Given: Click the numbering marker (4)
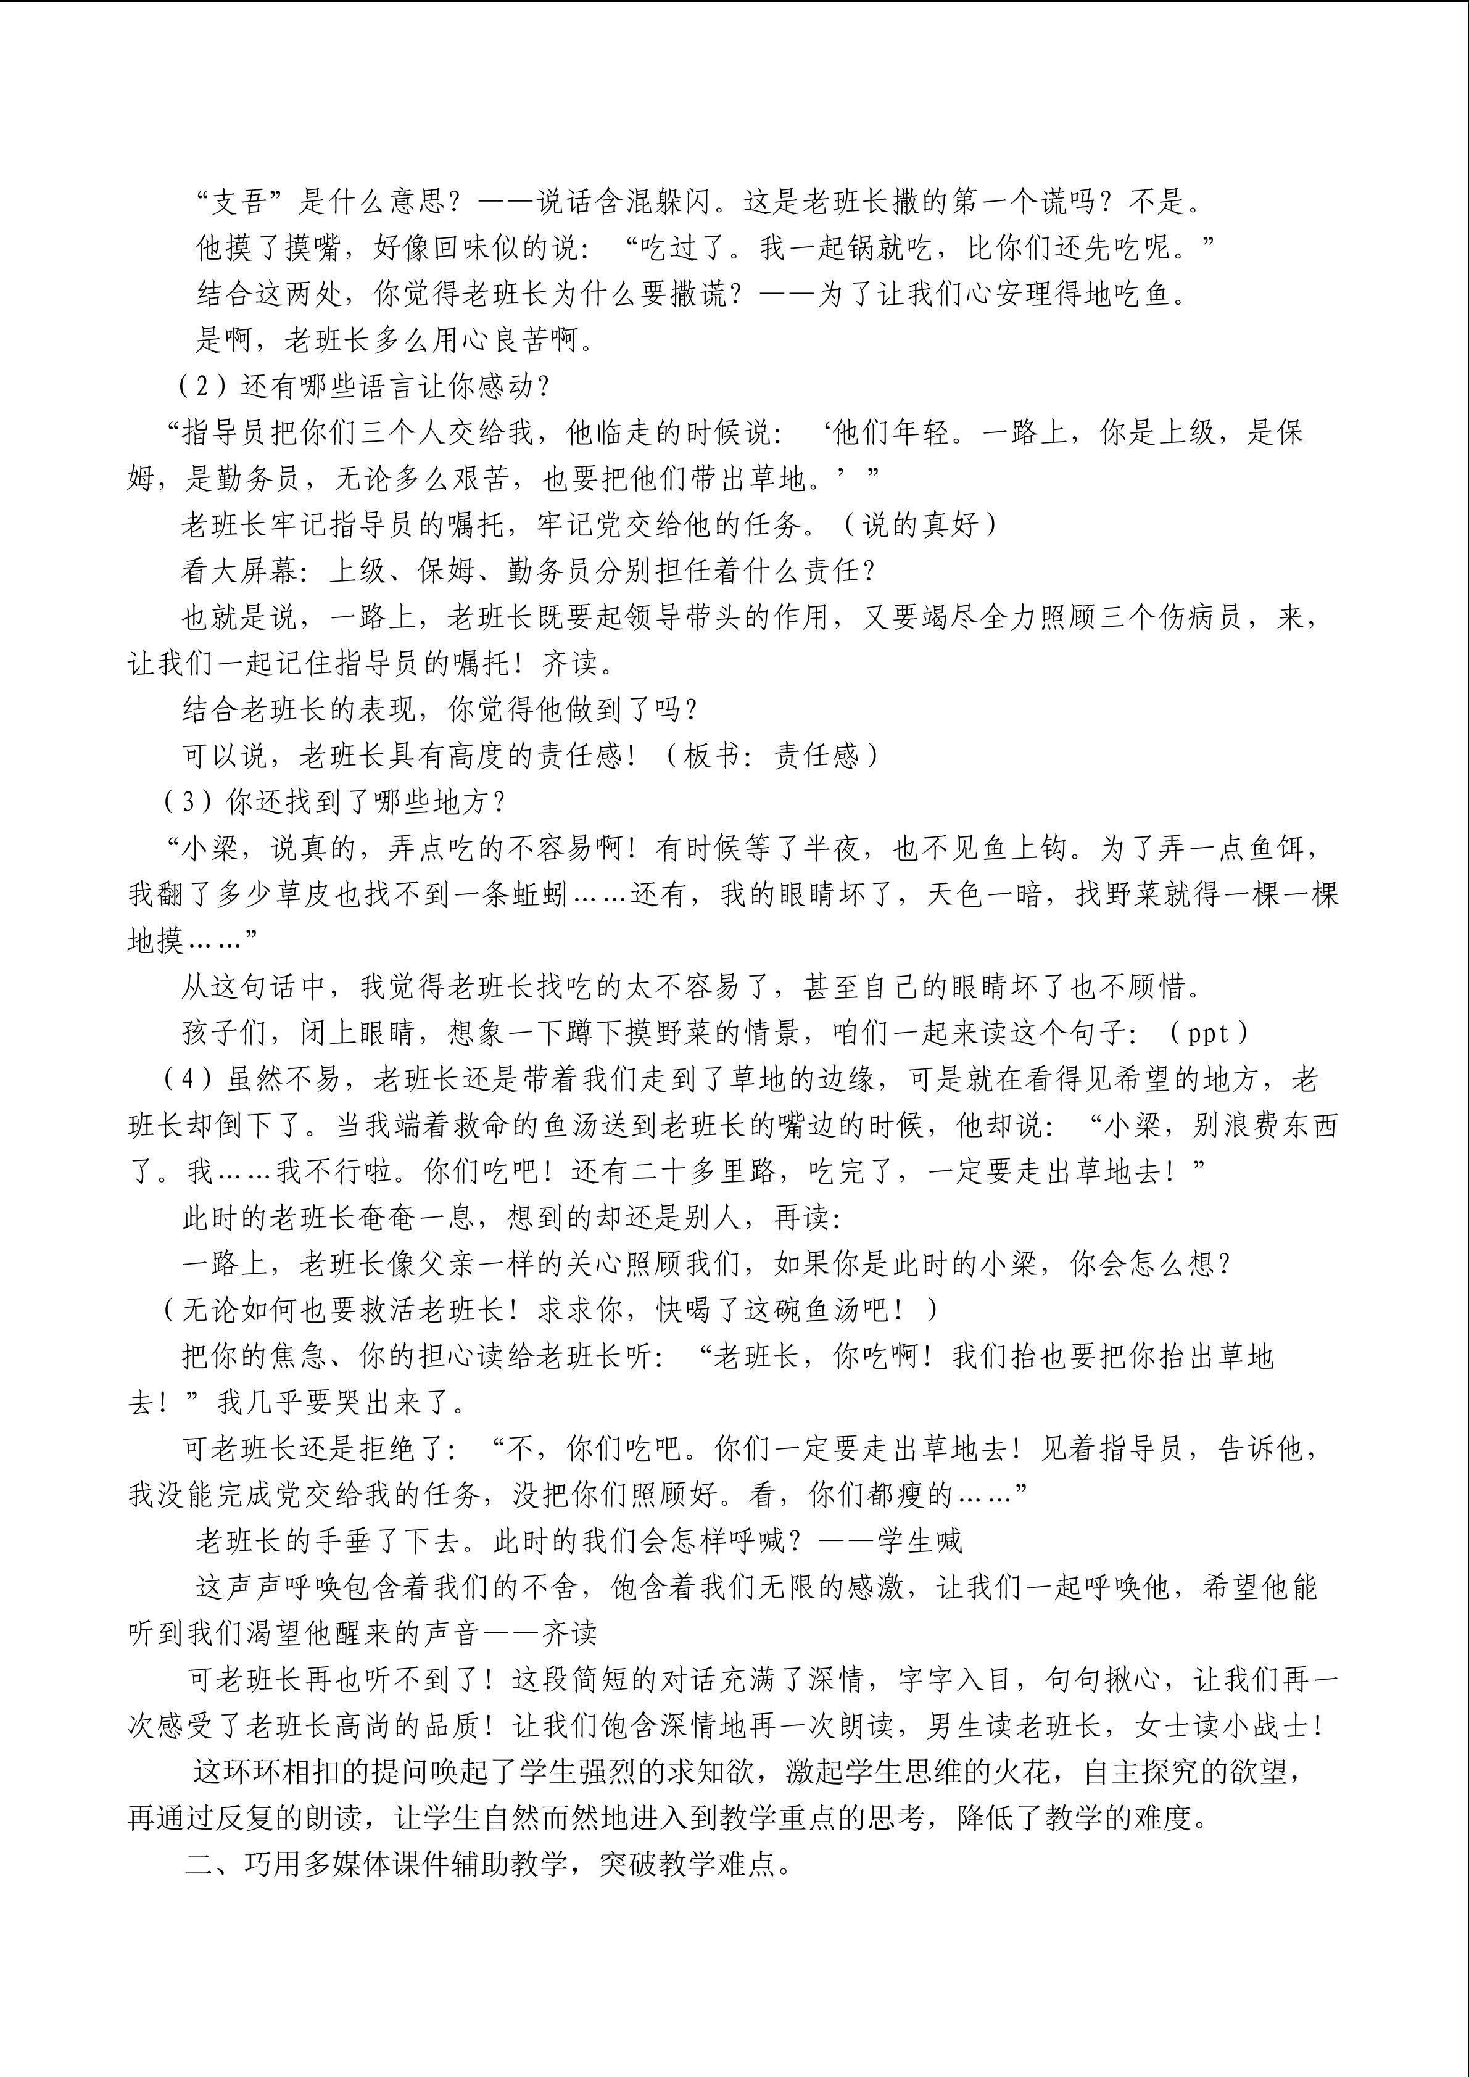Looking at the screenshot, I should (x=186, y=1079).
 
